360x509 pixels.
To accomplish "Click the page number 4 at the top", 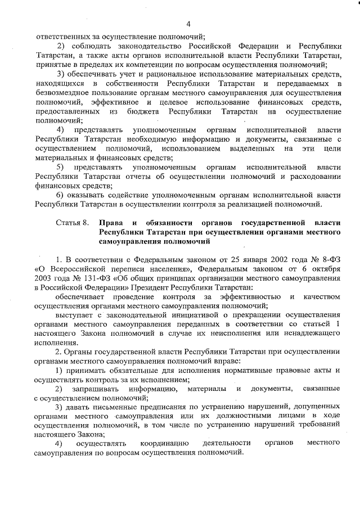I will coord(188,23).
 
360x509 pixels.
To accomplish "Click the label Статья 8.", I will coord(73,223).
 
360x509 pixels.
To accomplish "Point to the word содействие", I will coord(116,195).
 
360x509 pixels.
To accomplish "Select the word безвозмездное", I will coord(62,93).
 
